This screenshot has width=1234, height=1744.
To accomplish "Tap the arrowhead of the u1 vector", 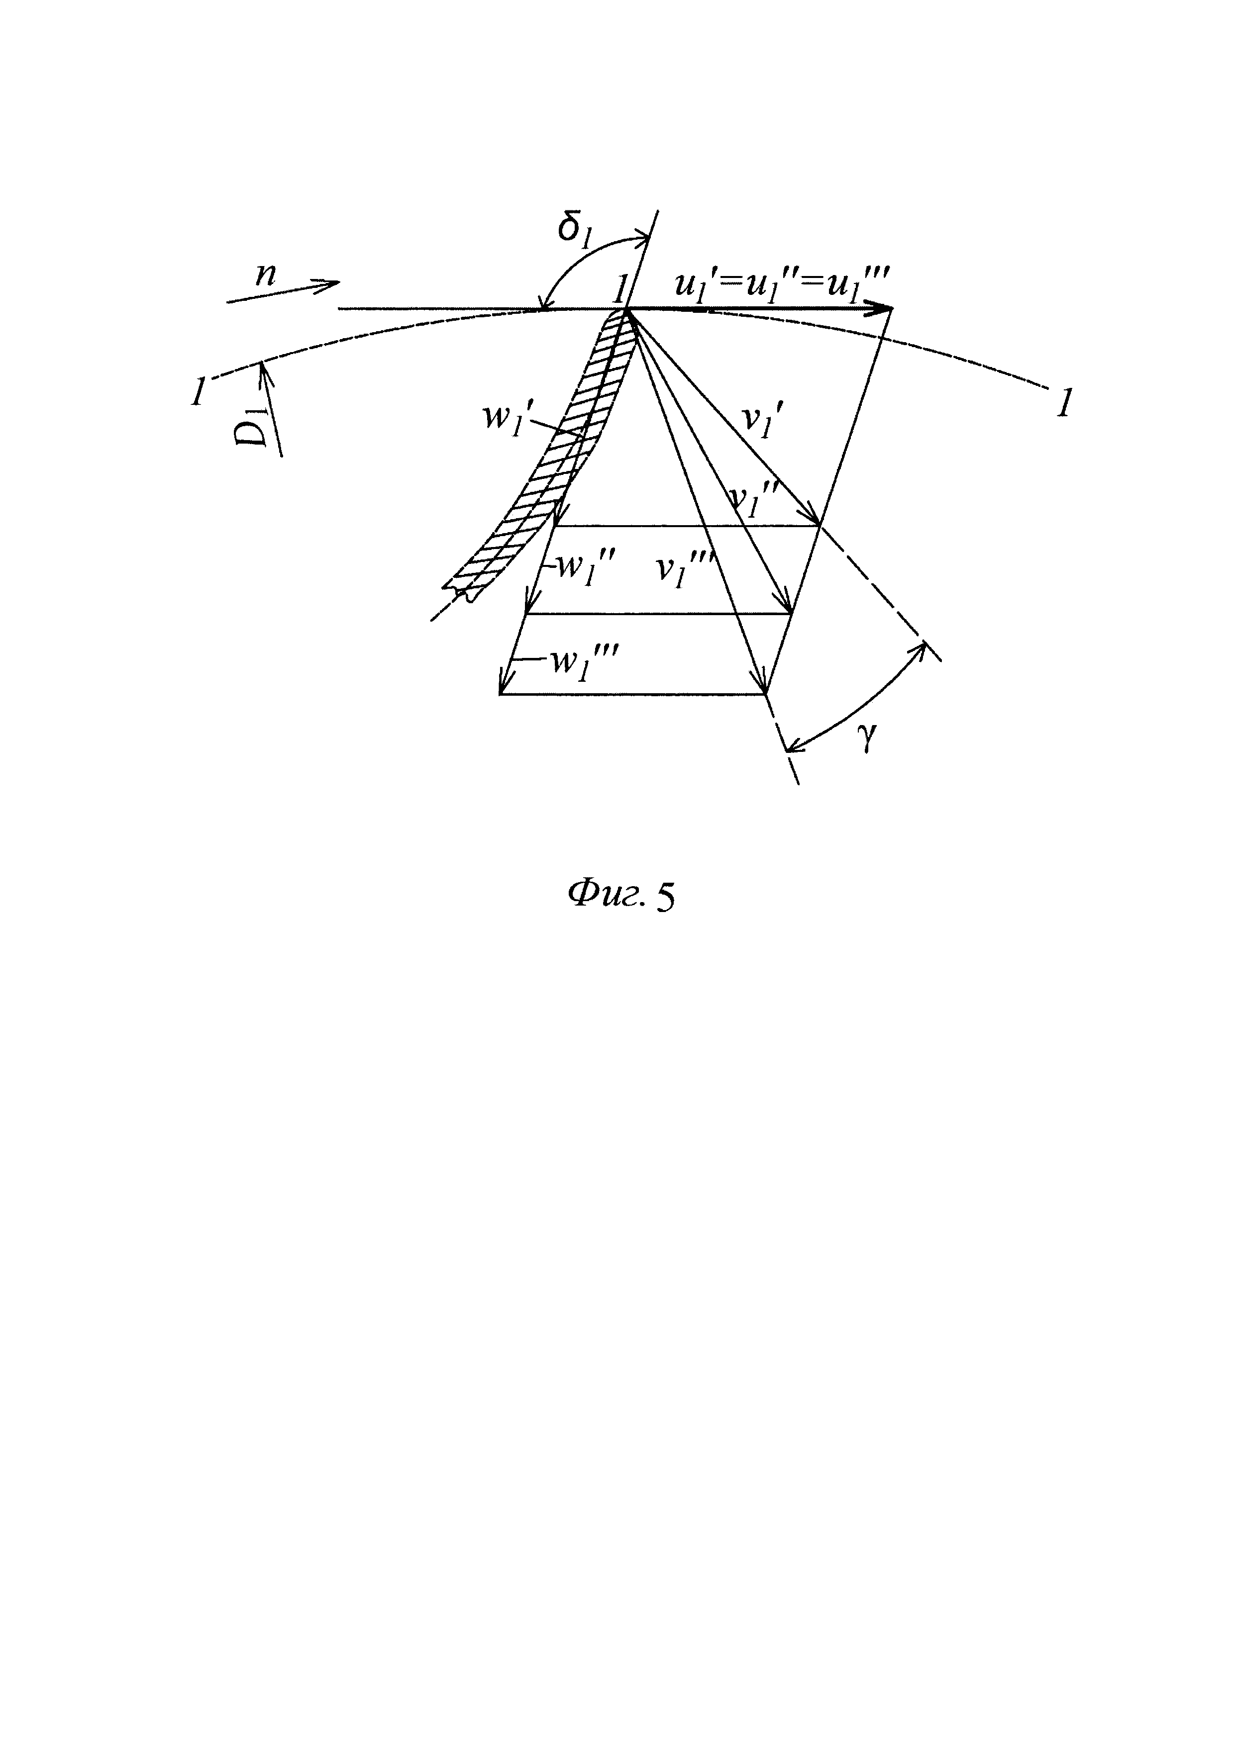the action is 885,308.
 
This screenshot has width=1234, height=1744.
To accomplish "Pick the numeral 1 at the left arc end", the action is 199,392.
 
